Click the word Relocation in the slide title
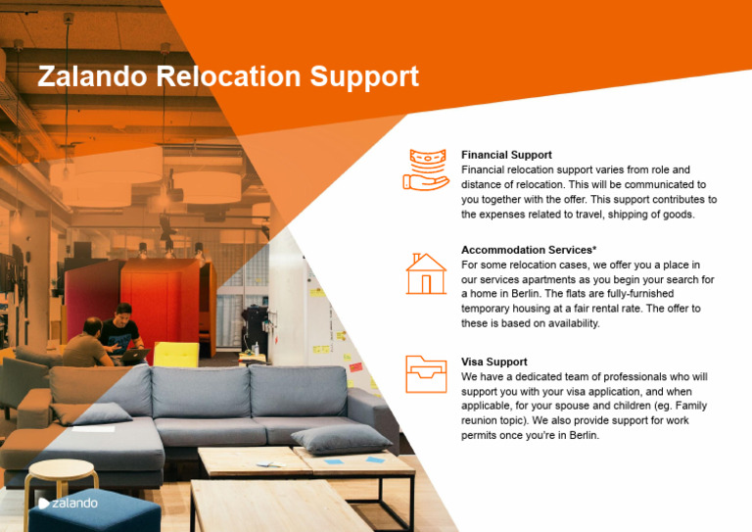pyautogui.click(x=229, y=76)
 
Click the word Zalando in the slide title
pyautogui.click(x=92, y=76)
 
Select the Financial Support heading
pyautogui.click(x=506, y=155)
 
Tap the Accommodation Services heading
pyautogui.click(x=526, y=250)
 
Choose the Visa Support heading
pyautogui.click(x=493, y=362)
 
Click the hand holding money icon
pyautogui.click(x=425, y=169)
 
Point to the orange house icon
pyautogui.click(x=426, y=273)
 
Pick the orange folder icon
pyautogui.click(x=426, y=374)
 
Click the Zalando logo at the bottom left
pyautogui.click(x=68, y=503)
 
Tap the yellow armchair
pyautogui.click(x=176, y=354)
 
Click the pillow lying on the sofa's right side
pyautogui.click(x=340, y=437)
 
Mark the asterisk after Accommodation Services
pyautogui.click(x=594, y=248)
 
